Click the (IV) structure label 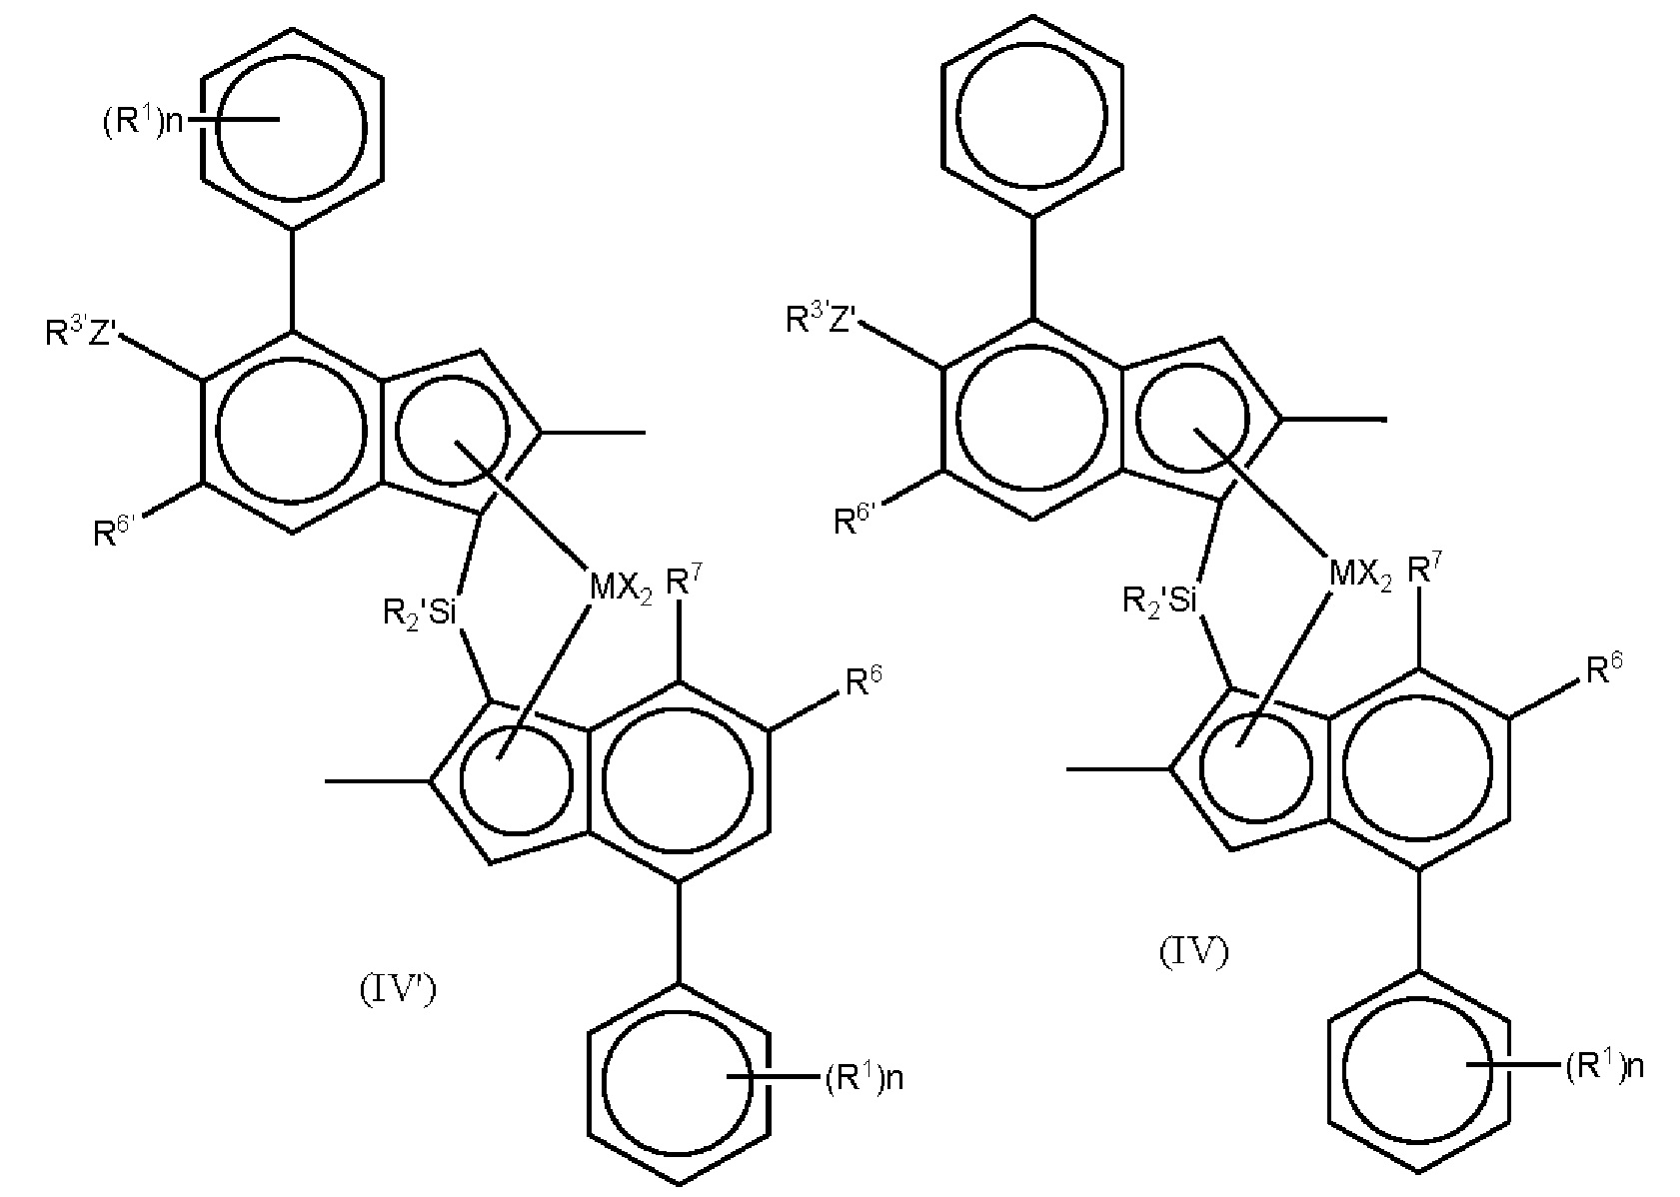[1193, 952]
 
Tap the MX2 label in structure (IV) [1360, 577]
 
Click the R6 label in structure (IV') [865, 682]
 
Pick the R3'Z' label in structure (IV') [84, 333]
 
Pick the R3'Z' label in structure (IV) [824, 319]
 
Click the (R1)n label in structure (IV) [1603, 1067]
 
